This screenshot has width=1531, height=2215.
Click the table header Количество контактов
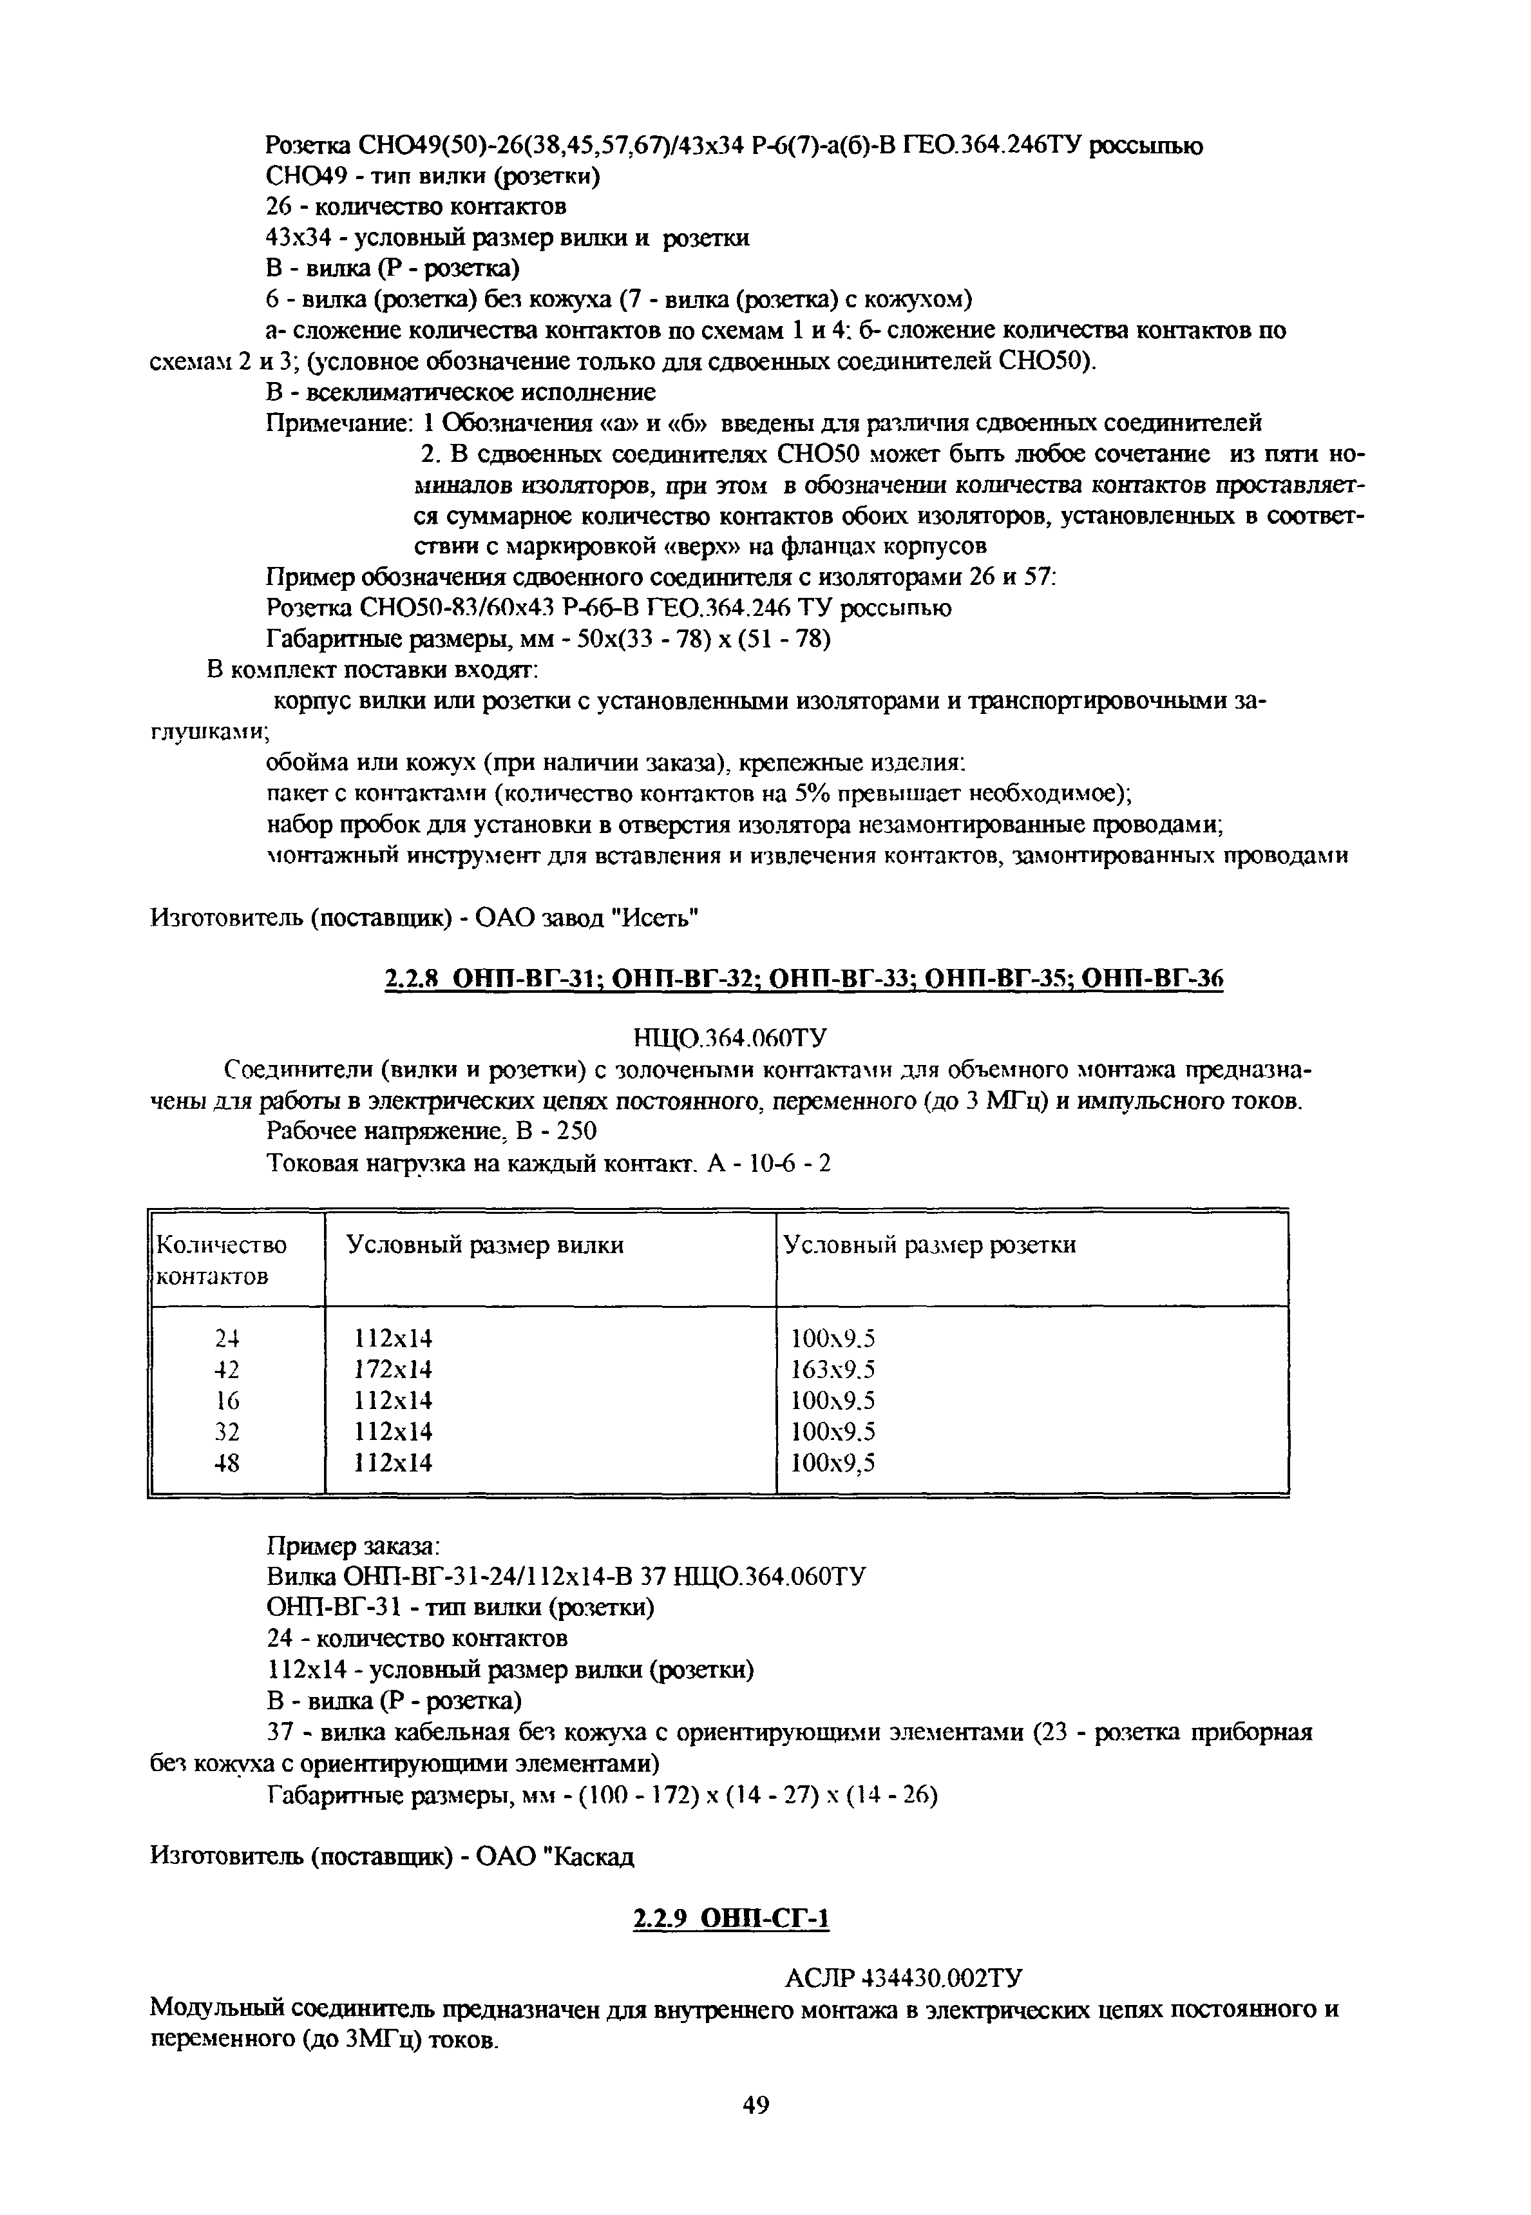(x=221, y=1260)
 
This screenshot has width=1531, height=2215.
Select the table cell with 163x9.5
(x=833, y=1369)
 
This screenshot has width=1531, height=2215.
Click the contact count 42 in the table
(x=227, y=1369)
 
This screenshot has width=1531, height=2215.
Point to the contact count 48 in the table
(x=227, y=1463)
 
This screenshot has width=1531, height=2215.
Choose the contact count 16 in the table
(x=227, y=1401)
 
